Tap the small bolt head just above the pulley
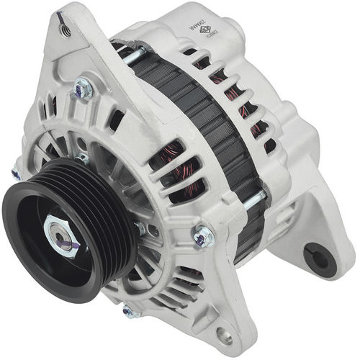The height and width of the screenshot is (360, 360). [x=83, y=158]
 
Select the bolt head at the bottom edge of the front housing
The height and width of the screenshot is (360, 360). [x=129, y=311]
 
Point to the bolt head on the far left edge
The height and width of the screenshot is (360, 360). [x=16, y=173]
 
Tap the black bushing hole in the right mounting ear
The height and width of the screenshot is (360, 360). [x=315, y=254]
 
